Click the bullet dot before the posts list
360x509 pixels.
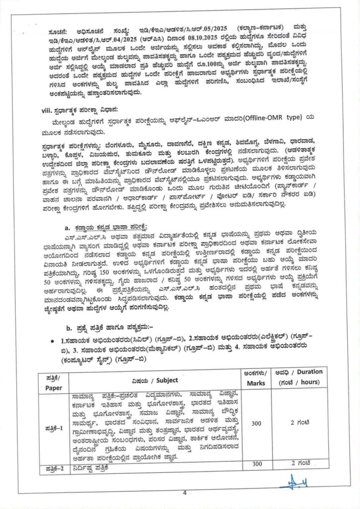[x=53, y=341]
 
